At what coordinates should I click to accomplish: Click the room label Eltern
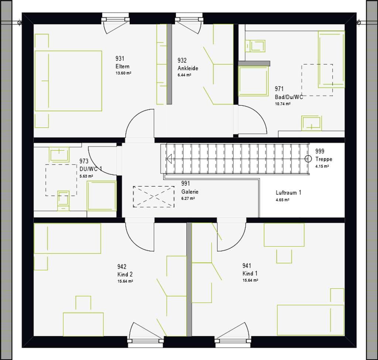coord(123,67)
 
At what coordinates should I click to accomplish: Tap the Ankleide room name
coord(188,68)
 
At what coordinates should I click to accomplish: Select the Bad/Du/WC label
coord(289,97)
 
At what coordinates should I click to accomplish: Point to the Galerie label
coord(190,192)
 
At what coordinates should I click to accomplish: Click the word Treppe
coord(324,159)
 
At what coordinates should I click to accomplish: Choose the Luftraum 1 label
coord(288,193)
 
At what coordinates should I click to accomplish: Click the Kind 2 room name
coord(125,274)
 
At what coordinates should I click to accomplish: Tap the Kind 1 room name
coord(250,273)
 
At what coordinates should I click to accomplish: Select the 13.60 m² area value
coord(123,73)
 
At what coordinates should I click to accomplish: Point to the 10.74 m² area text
coord(282,104)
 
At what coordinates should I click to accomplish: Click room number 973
coord(84,161)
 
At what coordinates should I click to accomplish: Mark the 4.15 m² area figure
coord(322,166)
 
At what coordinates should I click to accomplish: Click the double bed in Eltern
coord(68,81)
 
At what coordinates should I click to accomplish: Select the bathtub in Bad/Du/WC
coord(331,59)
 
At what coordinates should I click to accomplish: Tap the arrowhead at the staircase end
coord(169,159)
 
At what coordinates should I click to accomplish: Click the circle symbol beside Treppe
coord(308,159)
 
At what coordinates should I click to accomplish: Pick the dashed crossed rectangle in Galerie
coord(154,197)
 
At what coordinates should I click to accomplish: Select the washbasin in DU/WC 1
coord(59,154)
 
